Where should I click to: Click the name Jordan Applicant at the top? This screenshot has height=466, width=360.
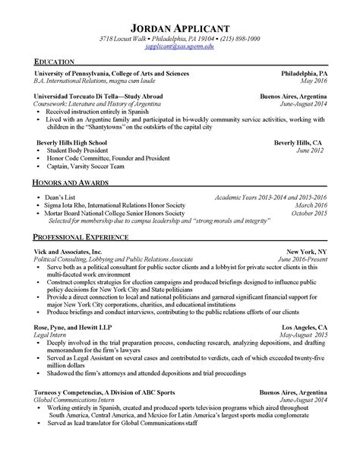pos(179,23)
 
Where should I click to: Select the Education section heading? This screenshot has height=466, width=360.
pos(54,62)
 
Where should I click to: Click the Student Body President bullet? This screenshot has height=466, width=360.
pos(79,151)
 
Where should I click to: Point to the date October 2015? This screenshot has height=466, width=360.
pos(309,214)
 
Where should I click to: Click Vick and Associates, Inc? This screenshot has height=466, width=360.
pos(68,251)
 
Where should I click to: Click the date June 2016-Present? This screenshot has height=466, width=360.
pos(302,259)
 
